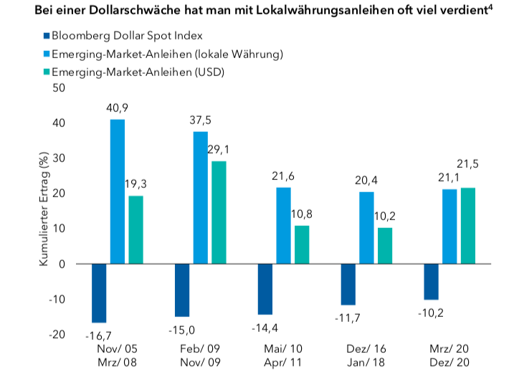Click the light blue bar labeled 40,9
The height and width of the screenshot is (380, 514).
(x=118, y=191)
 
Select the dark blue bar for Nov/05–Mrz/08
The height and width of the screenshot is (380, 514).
(x=98, y=293)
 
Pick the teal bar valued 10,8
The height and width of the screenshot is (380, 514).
(x=302, y=244)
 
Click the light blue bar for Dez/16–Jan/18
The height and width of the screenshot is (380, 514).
(x=366, y=227)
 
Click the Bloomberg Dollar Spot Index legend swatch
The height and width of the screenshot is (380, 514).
(x=47, y=35)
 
